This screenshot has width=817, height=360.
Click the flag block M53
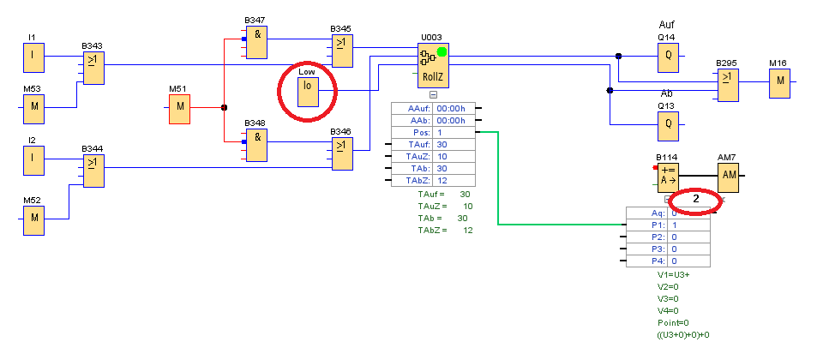point(33,107)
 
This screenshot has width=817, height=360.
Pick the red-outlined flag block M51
point(179,108)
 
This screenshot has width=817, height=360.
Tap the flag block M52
point(33,218)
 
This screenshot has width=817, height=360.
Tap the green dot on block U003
point(442,52)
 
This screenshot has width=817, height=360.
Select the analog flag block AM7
point(728,175)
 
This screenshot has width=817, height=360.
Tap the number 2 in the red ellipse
point(696,199)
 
